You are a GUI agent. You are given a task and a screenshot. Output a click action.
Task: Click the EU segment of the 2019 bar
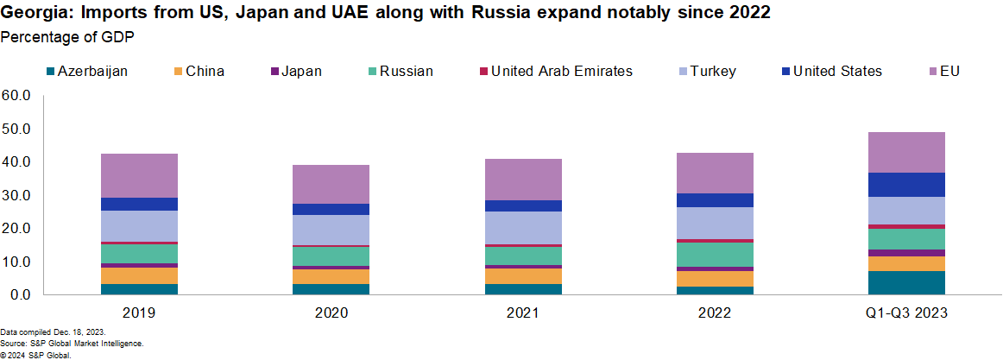[x=139, y=175]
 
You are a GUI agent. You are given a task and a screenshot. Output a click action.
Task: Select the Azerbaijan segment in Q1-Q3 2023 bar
[x=906, y=282]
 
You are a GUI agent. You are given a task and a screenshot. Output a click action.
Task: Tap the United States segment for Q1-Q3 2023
[x=906, y=185]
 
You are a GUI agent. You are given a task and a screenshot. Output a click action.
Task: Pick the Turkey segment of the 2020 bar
[x=331, y=230]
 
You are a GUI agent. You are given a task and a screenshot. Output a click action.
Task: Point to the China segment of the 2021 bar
[x=523, y=275]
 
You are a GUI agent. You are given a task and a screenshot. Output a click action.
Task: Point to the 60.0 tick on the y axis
[x=16, y=95]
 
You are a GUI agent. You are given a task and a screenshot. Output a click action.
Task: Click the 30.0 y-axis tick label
[x=16, y=195]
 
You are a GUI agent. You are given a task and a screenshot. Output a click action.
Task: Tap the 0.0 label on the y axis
[x=19, y=295]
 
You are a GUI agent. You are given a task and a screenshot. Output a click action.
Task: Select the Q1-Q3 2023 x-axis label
[x=906, y=313]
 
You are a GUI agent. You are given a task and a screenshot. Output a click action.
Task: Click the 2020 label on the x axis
[x=331, y=313]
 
